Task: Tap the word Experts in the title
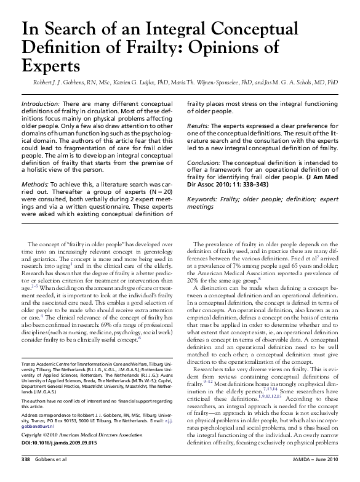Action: tap(51, 64)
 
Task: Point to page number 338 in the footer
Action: tap(26, 476)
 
